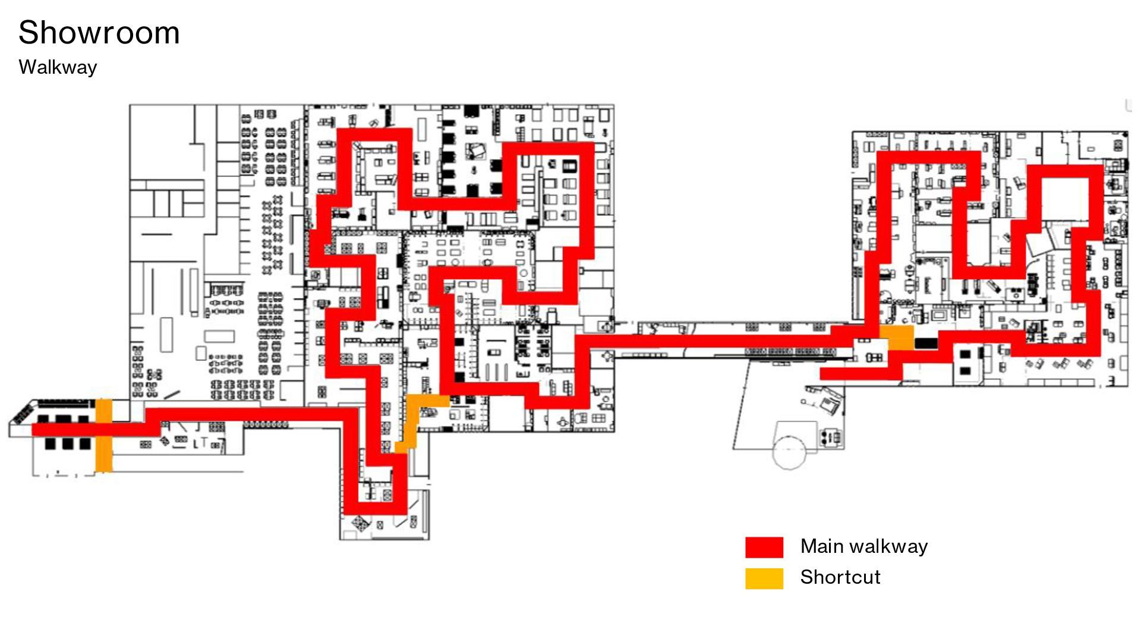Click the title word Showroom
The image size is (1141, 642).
point(99,33)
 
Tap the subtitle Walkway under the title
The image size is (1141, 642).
point(58,67)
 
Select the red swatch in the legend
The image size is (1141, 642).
point(764,547)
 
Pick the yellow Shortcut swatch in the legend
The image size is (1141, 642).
point(764,578)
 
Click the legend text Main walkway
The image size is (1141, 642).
point(863,546)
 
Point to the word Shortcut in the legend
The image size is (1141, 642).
point(840,577)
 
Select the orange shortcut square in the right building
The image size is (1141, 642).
point(897,337)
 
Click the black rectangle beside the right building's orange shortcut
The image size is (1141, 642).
point(925,343)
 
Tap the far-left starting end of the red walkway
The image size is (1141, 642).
point(37,430)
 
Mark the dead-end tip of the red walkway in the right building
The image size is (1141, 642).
point(826,374)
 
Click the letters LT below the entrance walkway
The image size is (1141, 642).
point(200,443)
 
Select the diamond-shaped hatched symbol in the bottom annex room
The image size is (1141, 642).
point(360,523)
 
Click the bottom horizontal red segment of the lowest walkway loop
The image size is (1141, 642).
point(374,508)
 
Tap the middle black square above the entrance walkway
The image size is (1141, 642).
point(63,418)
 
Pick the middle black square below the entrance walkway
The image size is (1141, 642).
point(67,443)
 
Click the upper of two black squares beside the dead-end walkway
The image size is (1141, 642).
point(965,355)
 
